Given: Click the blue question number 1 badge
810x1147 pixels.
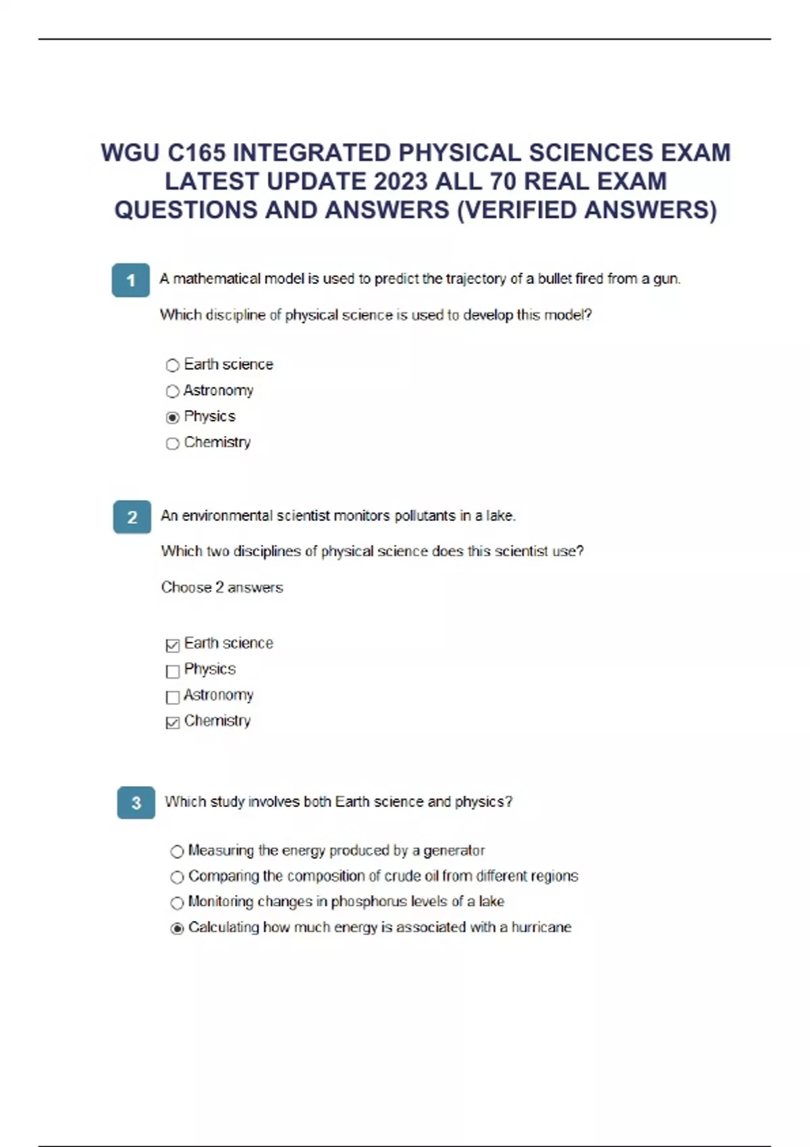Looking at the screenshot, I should point(130,280).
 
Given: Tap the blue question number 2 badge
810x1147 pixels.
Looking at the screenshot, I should point(132,517).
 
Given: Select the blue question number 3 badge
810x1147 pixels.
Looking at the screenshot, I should point(136,803).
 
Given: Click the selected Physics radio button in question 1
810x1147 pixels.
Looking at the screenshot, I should point(173,418).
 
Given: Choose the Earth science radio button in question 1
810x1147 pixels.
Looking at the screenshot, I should point(173,366).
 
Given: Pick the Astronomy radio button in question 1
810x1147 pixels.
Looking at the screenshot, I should point(173,391).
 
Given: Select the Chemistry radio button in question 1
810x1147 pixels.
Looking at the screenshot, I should point(173,443).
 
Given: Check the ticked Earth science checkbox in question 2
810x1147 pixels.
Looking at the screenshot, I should point(173,645).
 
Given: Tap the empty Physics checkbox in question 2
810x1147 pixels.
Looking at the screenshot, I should point(173,671).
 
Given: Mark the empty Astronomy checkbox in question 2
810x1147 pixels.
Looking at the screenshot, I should point(173,696).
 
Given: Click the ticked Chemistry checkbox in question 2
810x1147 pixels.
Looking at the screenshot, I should point(173,723).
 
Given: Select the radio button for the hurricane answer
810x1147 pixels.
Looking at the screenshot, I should point(177,928).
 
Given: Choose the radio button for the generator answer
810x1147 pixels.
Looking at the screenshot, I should point(177,851).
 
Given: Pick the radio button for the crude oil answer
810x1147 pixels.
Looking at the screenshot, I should point(177,877).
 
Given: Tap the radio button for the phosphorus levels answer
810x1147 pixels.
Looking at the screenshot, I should point(177,903).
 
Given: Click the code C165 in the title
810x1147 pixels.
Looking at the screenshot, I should point(196,153).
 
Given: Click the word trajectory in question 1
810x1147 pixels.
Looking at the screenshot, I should point(476,279).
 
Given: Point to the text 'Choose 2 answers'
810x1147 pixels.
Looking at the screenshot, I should point(222,588).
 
